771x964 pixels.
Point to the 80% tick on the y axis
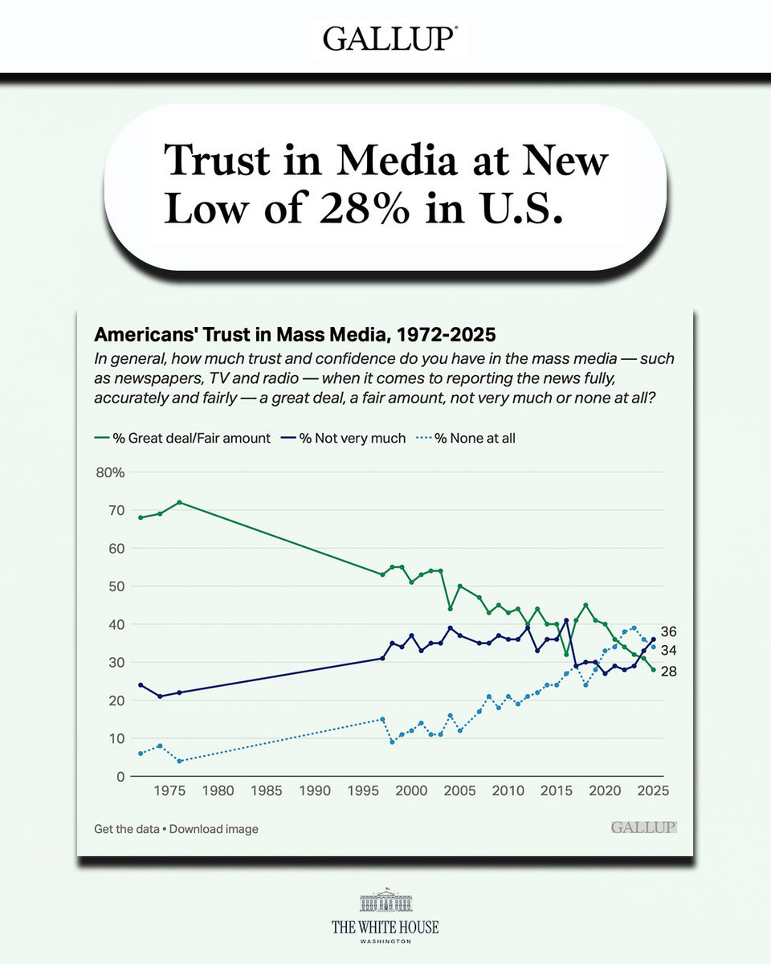[109, 472]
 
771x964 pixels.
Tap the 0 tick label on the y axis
[121, 777]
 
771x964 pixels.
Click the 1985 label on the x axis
[266, 790]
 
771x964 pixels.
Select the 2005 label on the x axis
[459, 790]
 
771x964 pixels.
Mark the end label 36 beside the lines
[668, 631]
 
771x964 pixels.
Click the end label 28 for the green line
[668, 671]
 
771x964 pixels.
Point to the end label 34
[668, 650]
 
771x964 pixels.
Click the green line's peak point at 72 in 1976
[179, 502]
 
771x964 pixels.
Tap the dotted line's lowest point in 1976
[179, 761]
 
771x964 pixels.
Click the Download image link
[214, 829]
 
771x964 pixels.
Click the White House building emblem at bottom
[385, 902]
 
